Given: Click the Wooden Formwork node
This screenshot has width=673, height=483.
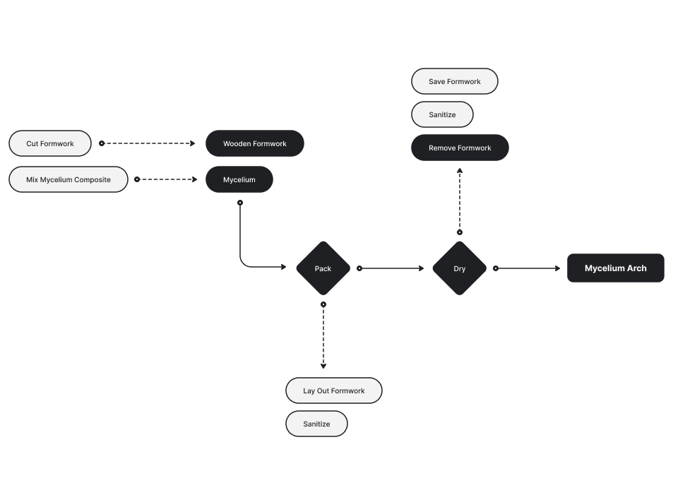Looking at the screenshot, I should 255,143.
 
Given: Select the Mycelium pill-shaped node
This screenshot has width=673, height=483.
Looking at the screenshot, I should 239,180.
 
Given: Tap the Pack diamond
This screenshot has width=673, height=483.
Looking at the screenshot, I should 323,268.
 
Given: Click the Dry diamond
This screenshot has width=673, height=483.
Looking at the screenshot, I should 459,268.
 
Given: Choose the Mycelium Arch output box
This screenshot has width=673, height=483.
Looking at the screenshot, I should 615,268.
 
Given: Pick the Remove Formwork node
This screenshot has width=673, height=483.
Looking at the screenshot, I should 460,148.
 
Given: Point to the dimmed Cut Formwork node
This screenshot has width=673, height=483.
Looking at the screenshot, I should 50,143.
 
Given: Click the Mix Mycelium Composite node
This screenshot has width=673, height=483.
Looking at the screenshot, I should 69,179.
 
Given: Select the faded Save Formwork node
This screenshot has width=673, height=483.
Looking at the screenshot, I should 454,81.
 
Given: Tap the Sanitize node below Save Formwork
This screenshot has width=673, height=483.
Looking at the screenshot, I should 442,114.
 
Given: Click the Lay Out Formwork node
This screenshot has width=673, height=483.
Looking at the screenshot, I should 333,390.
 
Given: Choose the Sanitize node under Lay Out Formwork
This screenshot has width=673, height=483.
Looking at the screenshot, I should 316,424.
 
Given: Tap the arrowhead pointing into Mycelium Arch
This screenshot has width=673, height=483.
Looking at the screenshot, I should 558,268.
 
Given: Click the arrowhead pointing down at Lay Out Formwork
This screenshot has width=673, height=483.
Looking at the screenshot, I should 323,366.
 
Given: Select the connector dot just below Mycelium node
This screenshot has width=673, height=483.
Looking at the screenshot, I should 240,203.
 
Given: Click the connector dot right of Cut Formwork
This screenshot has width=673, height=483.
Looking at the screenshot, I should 102,143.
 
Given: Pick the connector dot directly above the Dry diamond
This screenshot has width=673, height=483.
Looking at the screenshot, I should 459,232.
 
